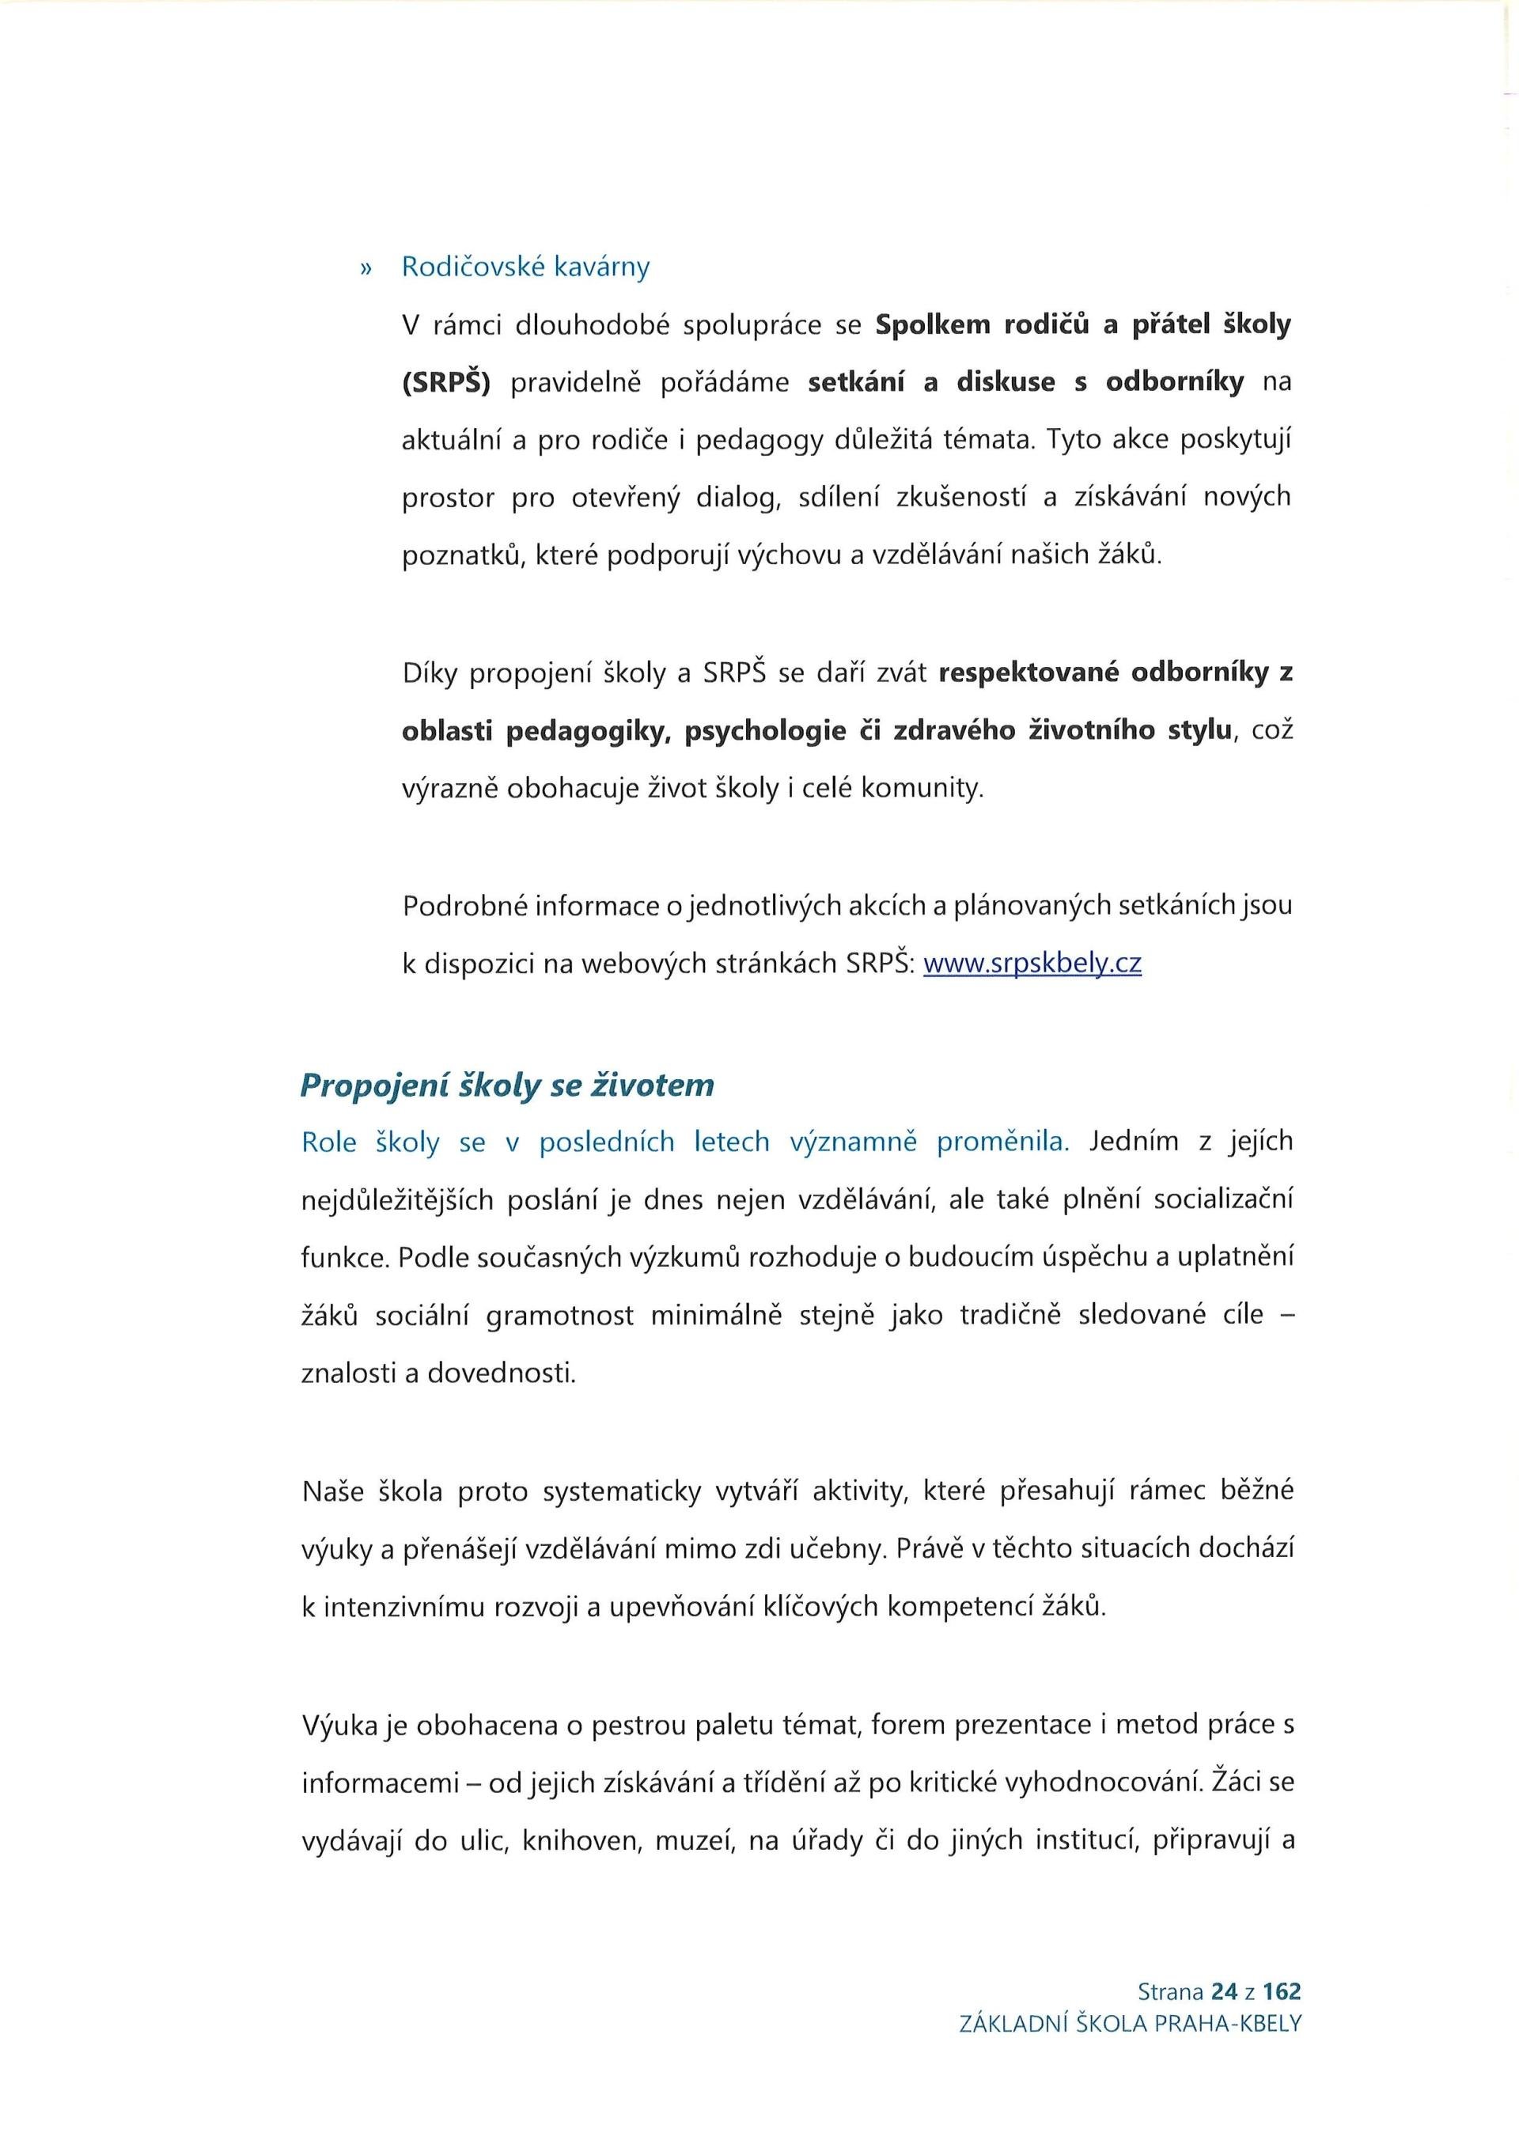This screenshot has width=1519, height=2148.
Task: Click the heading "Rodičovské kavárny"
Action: (x=525, y=267)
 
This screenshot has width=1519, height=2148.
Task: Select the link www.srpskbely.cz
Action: (x=1032, y=964)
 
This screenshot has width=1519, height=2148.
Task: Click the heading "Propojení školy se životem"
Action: (x=507, y=1085)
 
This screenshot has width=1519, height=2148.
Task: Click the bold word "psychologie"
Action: (x=765, y=732)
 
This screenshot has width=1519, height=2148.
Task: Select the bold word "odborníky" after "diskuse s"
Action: (x=1175, y=383)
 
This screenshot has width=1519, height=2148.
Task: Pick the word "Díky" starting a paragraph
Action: (x=430, y=673)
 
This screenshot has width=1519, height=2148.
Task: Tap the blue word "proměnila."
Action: (x=1002, y=1142)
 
